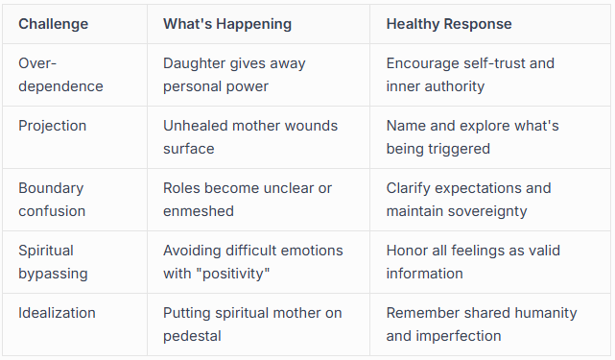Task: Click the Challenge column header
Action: (54, 23)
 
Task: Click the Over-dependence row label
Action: (60, 75)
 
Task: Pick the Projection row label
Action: (52, 126)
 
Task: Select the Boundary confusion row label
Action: (52, 199)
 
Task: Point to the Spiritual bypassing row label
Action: (53, 261)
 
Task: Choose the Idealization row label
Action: (56, 312)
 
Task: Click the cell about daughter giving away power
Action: (234, 75)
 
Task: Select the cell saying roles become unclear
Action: (248, 199)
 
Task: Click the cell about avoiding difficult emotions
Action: (252, 261)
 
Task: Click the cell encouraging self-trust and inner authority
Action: (470, 75)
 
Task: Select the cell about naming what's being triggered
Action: (472, 137)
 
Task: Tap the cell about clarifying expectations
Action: (468, 199)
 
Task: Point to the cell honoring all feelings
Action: (473, 261)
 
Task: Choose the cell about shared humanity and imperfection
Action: (482, 324)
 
